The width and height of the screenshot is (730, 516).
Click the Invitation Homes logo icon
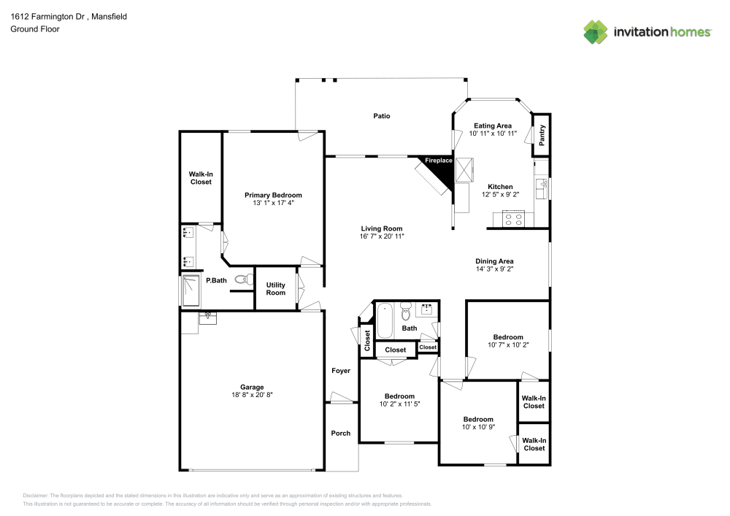(x=596, y=31)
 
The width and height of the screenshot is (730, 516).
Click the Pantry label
(x=542, y=136)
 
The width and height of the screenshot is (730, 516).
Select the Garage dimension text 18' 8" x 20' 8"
(x=252, y=395)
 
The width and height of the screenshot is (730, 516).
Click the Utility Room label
(x=275, y=289)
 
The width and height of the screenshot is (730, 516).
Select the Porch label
(x=341, y=434)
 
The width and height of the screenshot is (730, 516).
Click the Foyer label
(x=341, y=371)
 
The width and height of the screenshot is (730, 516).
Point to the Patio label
(x=382, y=116)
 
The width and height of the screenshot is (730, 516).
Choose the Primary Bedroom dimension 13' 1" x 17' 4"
(x=273, y=203)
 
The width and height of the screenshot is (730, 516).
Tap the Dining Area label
(x=495, y=261)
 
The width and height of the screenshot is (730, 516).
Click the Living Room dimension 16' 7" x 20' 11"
(x=382, y=236)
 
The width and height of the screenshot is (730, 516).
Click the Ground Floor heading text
(x=34, y=29)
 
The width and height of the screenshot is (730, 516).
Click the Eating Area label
(x=493, y=126)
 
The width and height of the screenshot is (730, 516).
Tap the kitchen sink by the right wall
(x=542, y=190)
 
